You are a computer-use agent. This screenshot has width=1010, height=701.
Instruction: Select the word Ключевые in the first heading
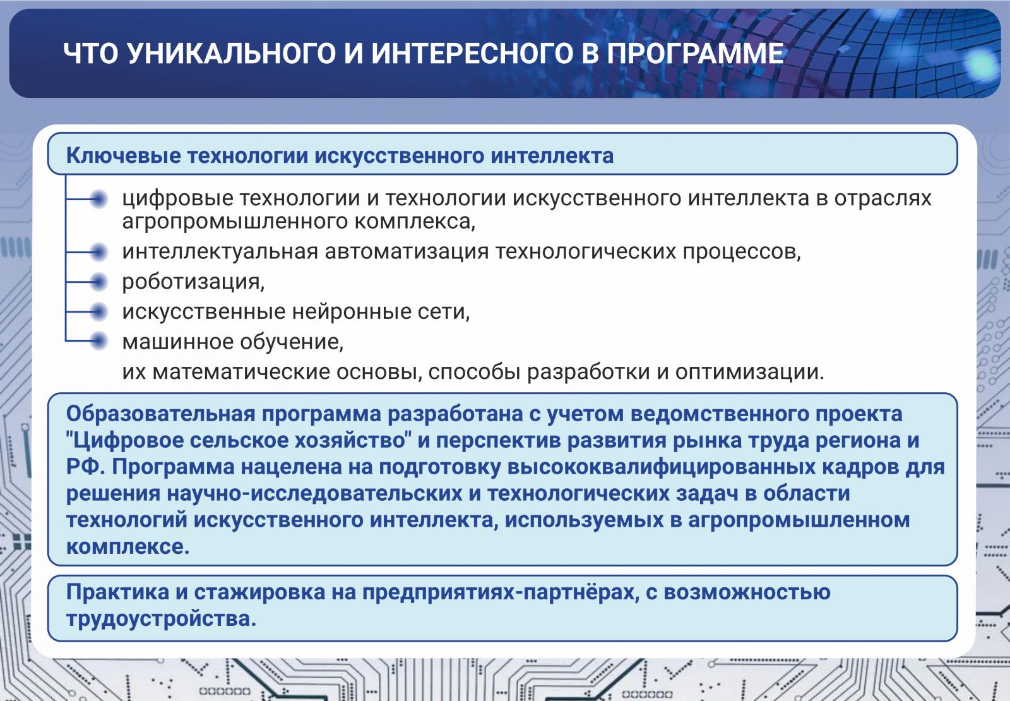[123, 155]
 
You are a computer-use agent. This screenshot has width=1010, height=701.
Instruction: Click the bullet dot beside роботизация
[98, 282]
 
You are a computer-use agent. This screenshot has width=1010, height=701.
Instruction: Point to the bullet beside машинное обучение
[98, 340]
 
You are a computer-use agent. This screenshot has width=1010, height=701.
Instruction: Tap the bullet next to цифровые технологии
[98, 199]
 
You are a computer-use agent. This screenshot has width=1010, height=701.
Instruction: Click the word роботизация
[193, 282]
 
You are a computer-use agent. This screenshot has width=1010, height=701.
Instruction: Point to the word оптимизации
[749, 372]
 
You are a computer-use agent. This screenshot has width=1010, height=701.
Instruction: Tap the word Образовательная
[161, 414]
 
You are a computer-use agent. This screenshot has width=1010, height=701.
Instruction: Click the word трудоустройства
[161, 618]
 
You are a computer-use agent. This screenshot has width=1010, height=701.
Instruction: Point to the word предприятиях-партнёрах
[501, 592]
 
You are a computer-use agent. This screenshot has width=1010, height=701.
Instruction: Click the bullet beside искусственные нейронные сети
[98, 311]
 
